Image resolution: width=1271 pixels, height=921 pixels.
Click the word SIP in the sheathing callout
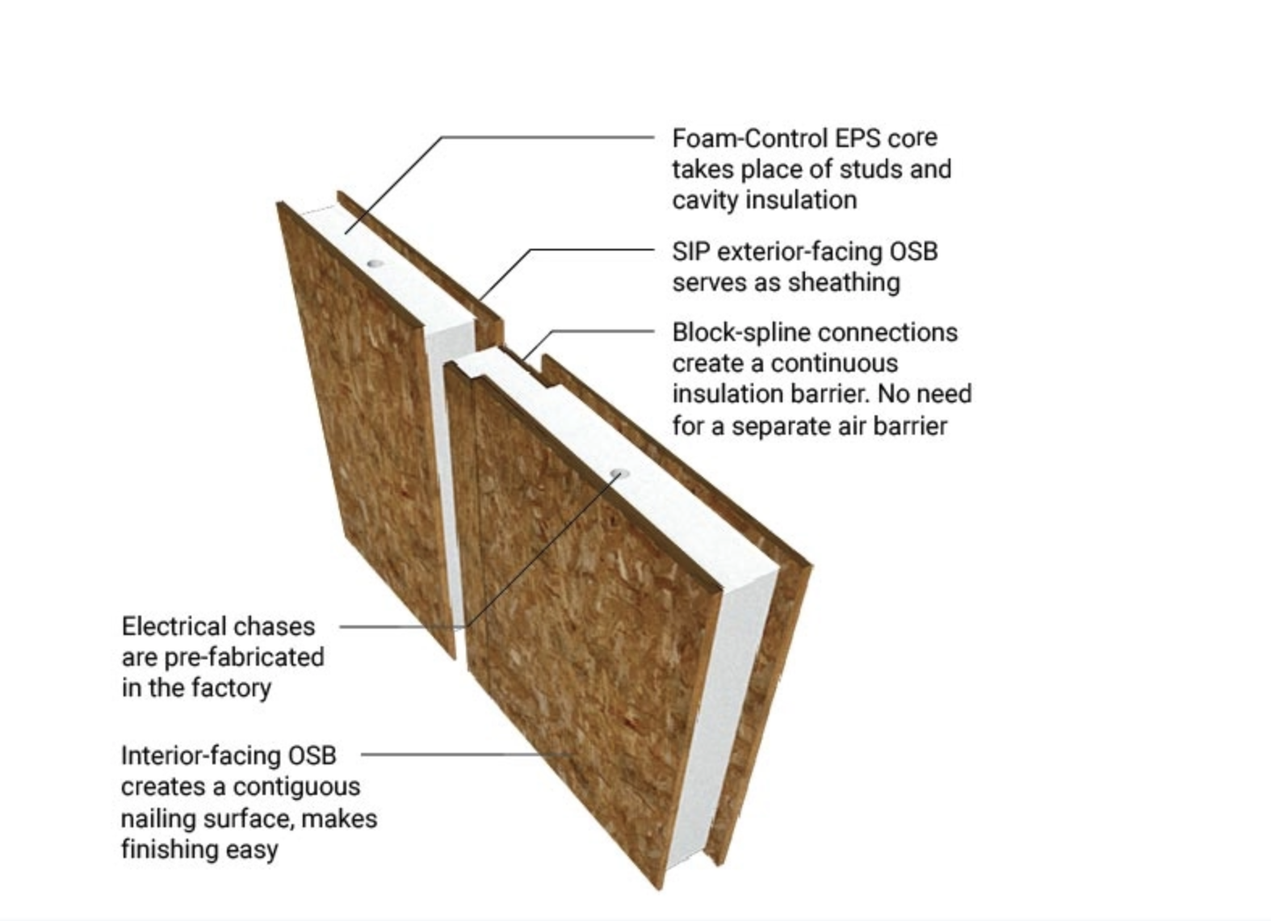tap(690, 252)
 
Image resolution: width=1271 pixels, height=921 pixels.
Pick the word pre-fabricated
tap(243, 658)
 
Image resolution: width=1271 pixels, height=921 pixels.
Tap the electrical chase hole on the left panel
tap(375, 263)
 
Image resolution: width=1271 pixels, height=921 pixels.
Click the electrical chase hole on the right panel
tap(619, 473)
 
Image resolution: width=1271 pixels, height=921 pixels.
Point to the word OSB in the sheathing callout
tap(913, 252)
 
